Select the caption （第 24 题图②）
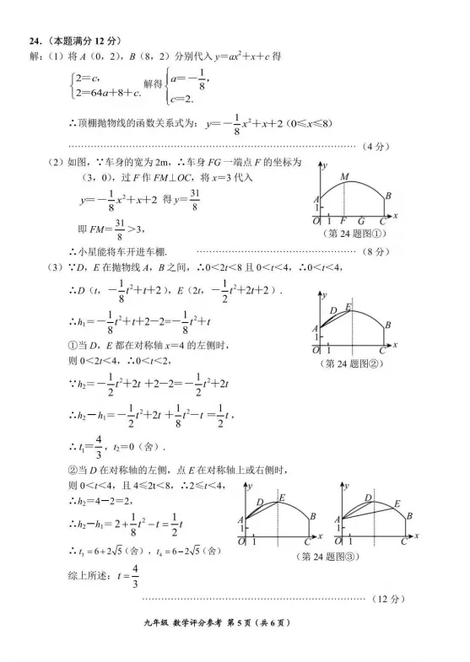pyautogui.click(x=353, y=364)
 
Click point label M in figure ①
pyautogui.click(x=344, y=177)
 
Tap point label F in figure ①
pyautogui.click(x=343, y=222)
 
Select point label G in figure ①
pyautogui.click(x=361, y=222)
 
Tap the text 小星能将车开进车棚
pyautogui.click(x=122, y=251)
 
